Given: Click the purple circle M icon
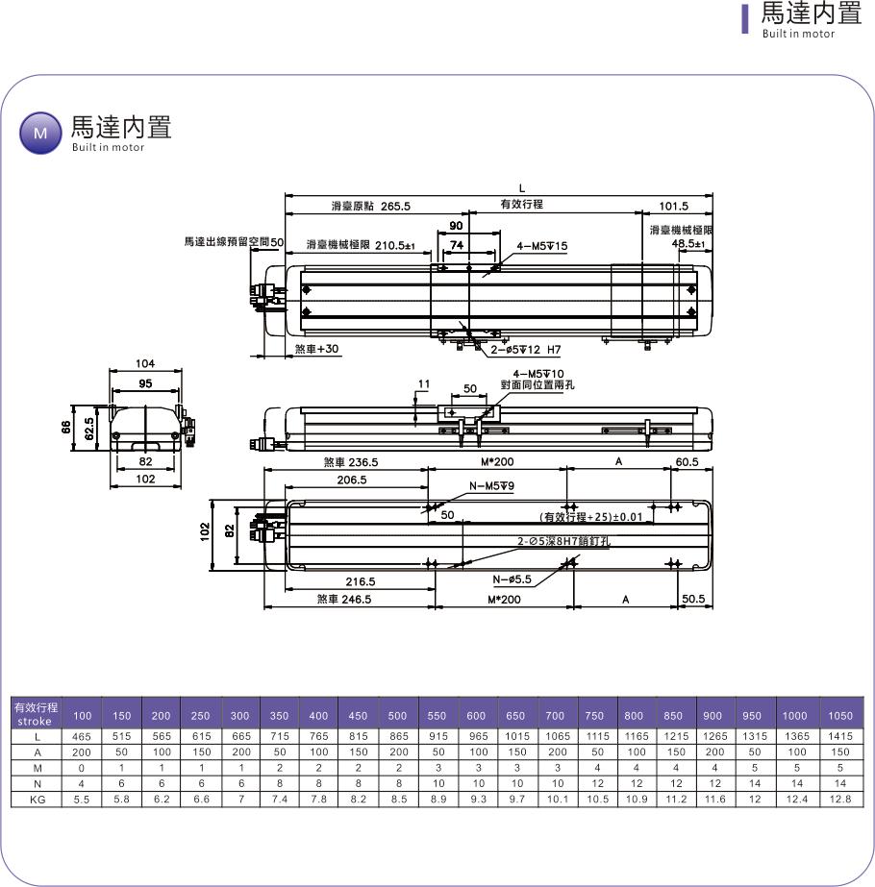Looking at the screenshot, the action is (40, 133).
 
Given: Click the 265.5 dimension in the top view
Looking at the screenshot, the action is (395, 206).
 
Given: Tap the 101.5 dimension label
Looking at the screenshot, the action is (673, 206).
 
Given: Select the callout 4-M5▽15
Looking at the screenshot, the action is (541, 246).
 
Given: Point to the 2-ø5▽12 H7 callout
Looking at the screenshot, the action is (526, 350).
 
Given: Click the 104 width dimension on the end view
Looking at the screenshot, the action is (145, 363).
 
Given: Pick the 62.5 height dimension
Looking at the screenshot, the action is (88, 429).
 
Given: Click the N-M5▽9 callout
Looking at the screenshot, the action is (491, 486).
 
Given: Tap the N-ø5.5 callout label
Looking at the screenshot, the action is (512, 579).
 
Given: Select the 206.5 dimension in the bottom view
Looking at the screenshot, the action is (352, 480).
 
